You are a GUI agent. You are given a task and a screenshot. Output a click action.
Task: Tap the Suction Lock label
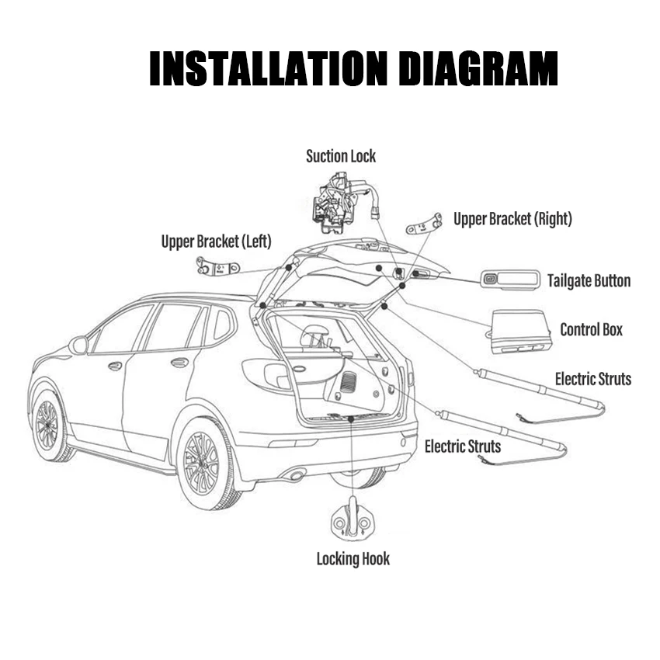pyautogui.click(x=340, y=156)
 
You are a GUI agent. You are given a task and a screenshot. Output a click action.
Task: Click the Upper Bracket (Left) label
pyautogui.click(x=217, y=241)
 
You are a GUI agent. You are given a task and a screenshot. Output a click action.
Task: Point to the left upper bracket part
pyautogui.click(x=217, y=269)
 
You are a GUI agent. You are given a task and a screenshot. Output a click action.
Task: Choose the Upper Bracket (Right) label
pyautogui.click(x=512, y=220)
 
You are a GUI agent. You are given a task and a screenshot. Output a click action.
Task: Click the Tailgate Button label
pyautogui.click(x=589, y=281)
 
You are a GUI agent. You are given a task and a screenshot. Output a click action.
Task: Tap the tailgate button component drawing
pyautogui.click(x=509, y=279)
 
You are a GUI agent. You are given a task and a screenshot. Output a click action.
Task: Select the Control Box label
pyautogui.click(x=591, y=330)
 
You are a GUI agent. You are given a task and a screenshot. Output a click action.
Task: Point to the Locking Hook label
pyautogui.click(x=353, y=559)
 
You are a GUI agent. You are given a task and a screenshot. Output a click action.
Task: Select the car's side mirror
pyautogui.click(x=78, y=345)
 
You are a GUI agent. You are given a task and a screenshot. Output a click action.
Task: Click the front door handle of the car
pyautogui.click(x=115, y=366)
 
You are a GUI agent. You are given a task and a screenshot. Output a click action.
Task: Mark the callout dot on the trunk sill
pyautogui.click(x=352, y=419)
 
